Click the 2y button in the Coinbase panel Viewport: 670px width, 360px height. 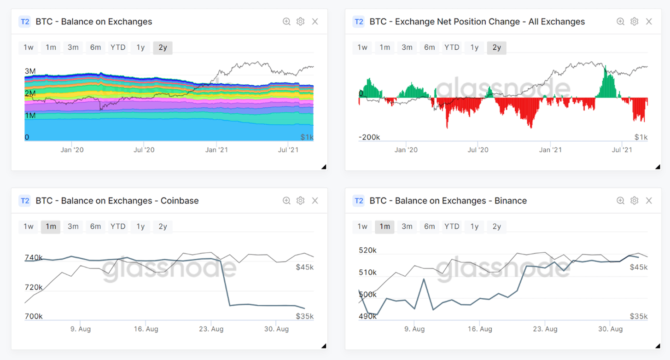point(163,226)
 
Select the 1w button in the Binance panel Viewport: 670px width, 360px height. point(362,226)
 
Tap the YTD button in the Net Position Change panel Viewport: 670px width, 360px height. point(452,47)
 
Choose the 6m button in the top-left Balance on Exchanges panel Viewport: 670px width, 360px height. point(95,47)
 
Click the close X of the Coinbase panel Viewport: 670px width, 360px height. point(315,201)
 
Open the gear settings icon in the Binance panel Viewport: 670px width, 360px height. point(634,201)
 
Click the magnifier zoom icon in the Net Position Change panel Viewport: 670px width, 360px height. point(620,22)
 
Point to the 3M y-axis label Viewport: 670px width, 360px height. point(30,71)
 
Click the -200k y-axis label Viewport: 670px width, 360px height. point(369,137)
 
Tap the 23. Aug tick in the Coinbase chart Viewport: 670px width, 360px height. point(211,329)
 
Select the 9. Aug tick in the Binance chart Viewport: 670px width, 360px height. point(414,329)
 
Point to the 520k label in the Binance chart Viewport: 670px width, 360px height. point(367,251)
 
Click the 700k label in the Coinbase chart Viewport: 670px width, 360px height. point(34,316)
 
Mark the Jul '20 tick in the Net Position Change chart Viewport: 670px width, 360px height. point(478,150)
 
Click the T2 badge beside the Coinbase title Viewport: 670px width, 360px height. point(24,201)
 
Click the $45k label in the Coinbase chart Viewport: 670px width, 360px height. point(304,267)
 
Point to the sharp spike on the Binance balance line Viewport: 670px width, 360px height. point(424,279)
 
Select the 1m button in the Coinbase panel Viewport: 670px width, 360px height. point(51,226)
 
